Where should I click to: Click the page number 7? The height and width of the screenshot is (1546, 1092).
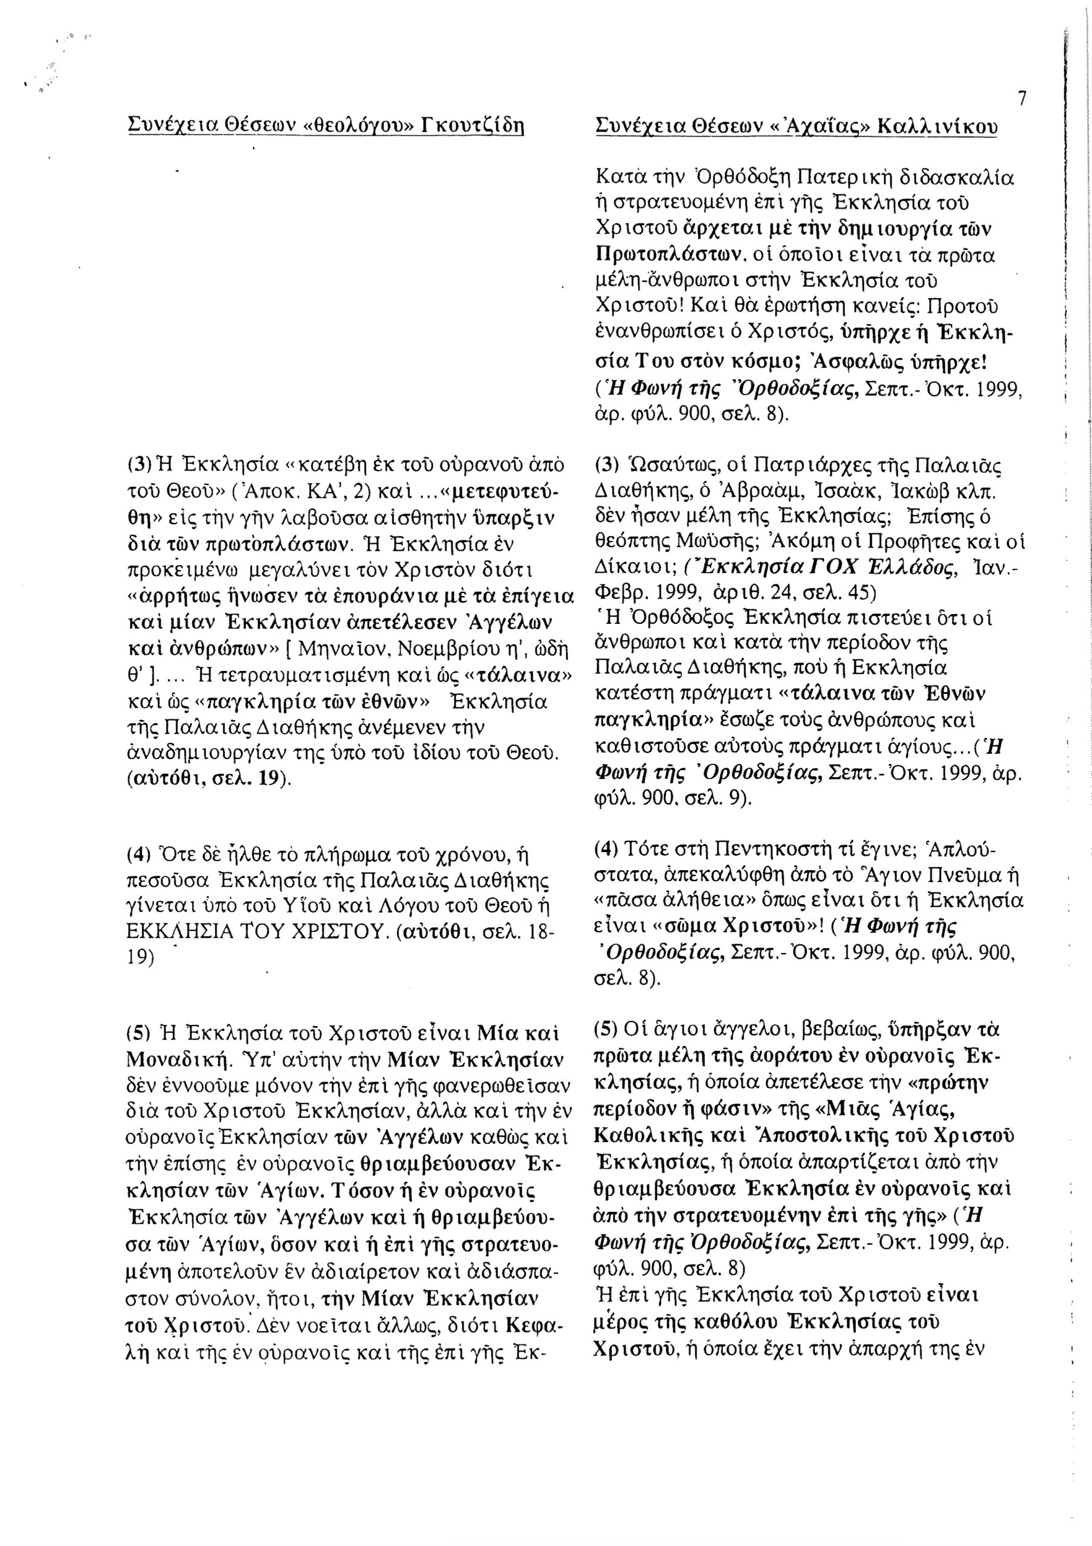point(1022,99)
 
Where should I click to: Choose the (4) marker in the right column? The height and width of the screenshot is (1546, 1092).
point(606,848)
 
